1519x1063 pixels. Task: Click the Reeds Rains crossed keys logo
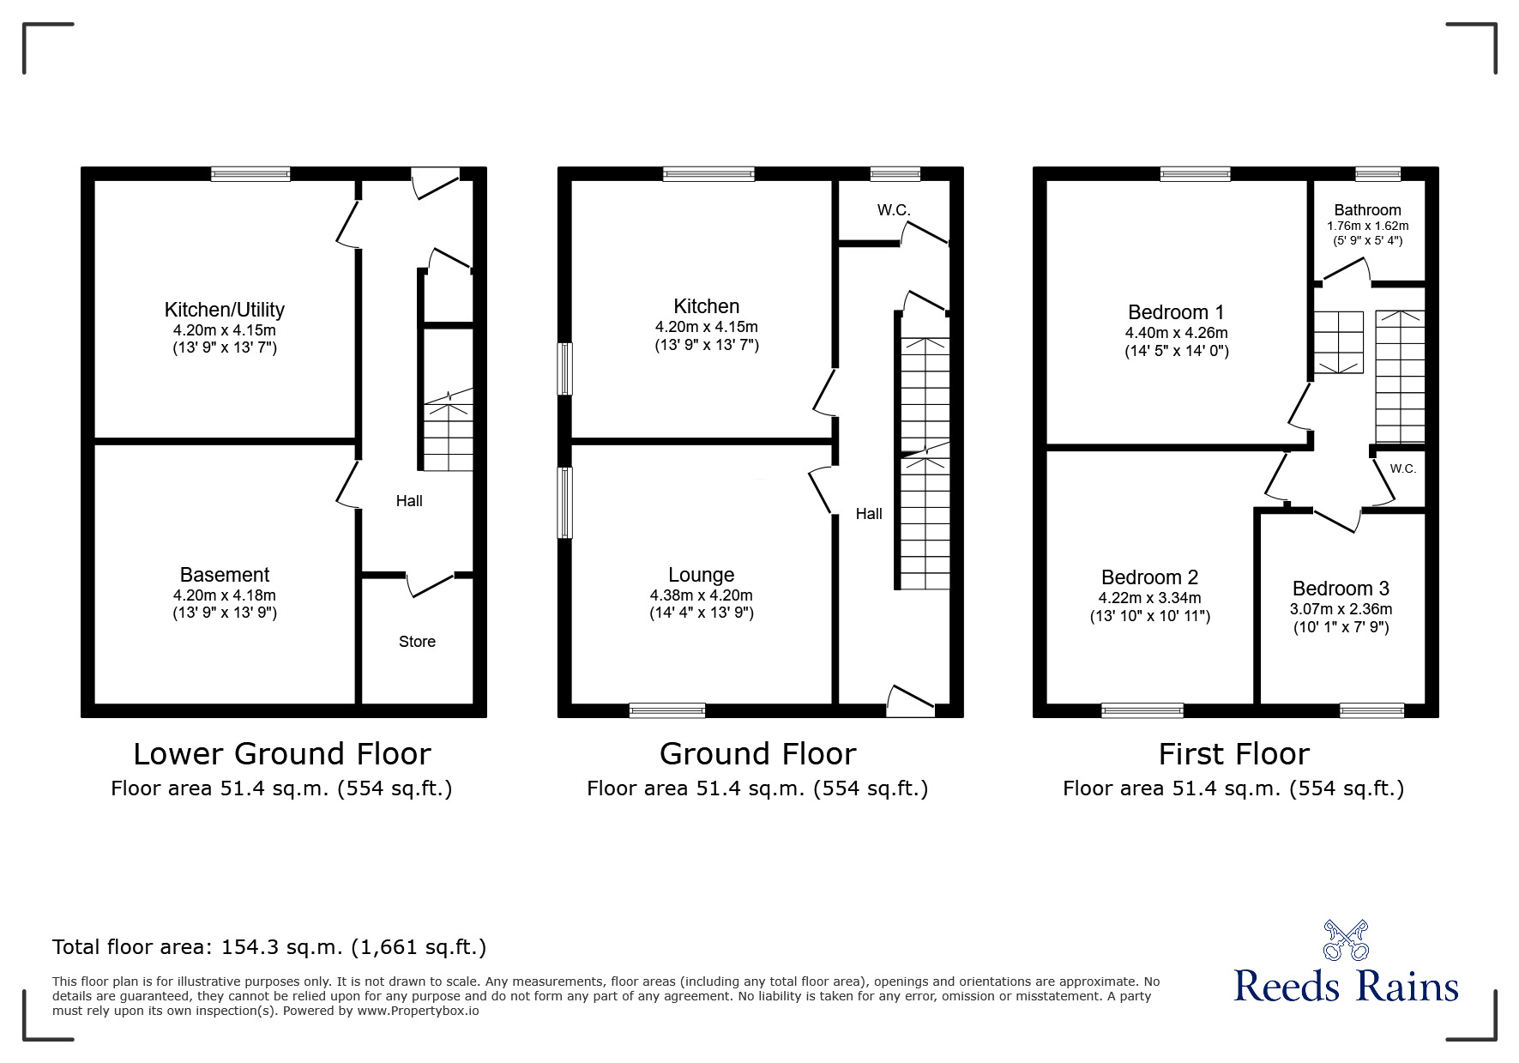1345,940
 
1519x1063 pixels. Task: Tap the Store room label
417,642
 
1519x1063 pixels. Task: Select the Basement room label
225,575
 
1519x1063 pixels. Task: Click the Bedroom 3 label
1341,589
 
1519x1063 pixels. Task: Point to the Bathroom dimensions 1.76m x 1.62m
1368,226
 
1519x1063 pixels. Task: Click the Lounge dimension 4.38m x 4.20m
702,595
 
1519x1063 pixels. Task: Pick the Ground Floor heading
758,754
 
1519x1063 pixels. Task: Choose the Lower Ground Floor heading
282,754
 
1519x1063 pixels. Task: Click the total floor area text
269,947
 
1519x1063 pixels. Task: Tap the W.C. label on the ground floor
894,210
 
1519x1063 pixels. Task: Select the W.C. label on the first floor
1403,468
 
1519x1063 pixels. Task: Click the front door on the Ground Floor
910,702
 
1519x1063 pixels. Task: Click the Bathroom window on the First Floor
1378,174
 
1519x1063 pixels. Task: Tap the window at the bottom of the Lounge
667,710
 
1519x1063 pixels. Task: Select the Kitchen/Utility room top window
251,174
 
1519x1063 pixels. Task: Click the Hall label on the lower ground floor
409,501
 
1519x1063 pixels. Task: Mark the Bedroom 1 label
1176,312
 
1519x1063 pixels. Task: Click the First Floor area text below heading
1233,788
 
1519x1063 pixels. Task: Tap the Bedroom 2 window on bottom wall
1142,710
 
